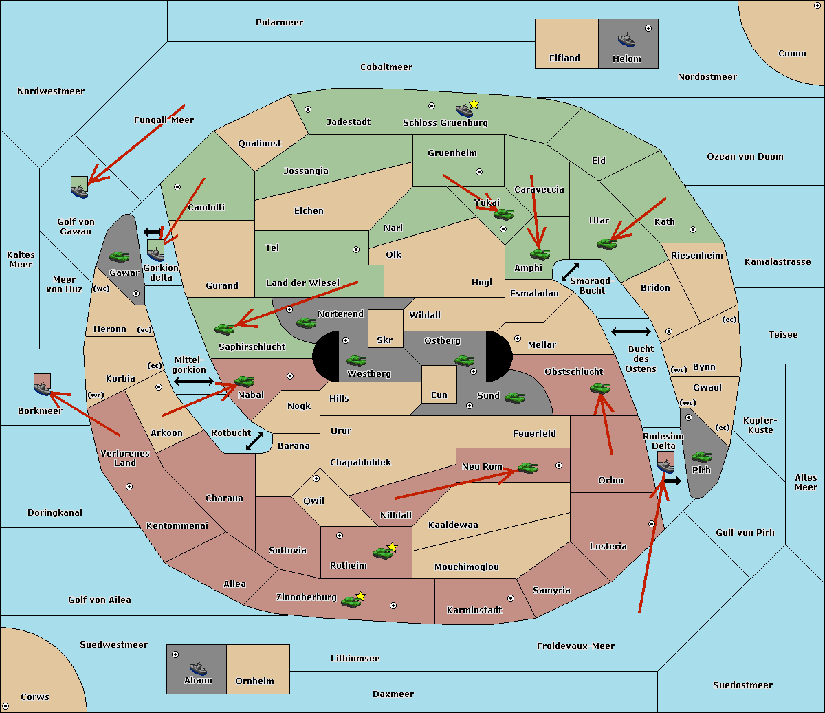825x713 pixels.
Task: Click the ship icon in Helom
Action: pyautogui.click(x=626, y=40)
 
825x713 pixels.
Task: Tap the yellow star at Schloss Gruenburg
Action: pyautogui.click(x=474, y=105)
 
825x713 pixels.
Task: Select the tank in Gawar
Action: pyautogui.click(x=119, y=256)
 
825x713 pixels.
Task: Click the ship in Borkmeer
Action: pyautogui.click(x=43, y=387)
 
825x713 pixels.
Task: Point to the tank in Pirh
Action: pyautogui.click(x=701, y=457)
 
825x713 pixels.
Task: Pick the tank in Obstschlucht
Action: pyautogui.click(x=600, y=388)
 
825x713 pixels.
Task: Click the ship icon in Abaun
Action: pyautogui.click(x=199, y=668)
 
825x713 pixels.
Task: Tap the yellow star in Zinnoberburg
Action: pyautogui.click(x=360, y=596)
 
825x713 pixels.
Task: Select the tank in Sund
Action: pyautogui.click(x=514, y=397)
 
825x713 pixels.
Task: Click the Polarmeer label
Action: pyautogui.click(x=279, y=23)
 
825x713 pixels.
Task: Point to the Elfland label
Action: pyautogui.click(x=564, y=58)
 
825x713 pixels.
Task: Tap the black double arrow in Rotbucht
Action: pyautogui.click(x=255, y=441)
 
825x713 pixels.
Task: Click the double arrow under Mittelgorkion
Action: pyautogui.click(x=194, y=382)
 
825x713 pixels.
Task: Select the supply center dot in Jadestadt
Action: pyautogui.click(x=308, y=109)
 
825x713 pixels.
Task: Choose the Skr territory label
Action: pyautogui.click(x=385, y=340)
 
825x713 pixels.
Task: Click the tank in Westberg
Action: pyautogui.click(x=356, y=361)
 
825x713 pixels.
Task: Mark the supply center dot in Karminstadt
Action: pyautogui.click(x=511, y=598)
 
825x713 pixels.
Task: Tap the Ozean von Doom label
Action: pyautogui.click(x=745, y=157)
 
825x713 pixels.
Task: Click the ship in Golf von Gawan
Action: pyautogui.click(x=80, y=189)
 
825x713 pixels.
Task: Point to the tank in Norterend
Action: pyautogui.click(x=306, y=322)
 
